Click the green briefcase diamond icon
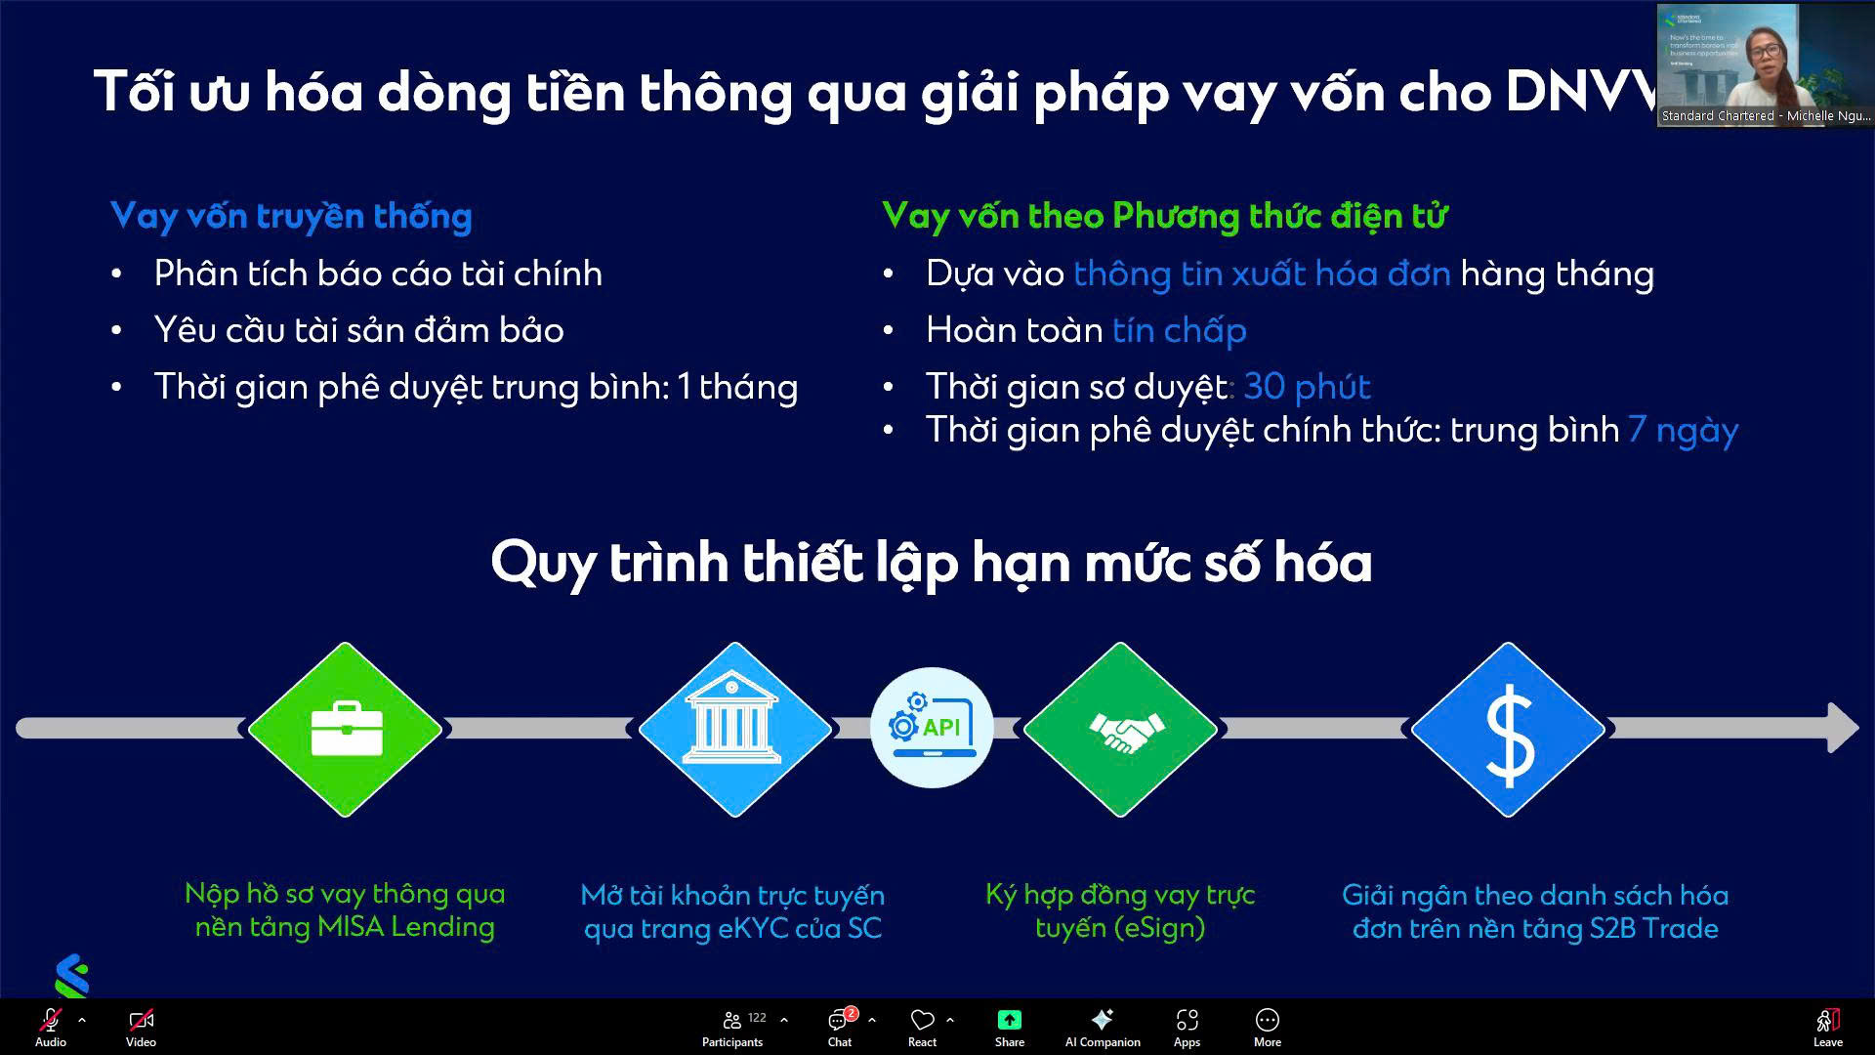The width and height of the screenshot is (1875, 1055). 346,729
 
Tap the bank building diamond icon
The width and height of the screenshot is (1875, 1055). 734,729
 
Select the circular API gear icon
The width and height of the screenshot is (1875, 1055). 932,728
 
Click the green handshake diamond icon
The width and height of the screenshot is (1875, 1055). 1121,729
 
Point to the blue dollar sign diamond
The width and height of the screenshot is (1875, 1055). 1509,729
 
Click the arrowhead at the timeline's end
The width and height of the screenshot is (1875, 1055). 1842,728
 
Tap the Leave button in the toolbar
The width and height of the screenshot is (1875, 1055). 1827,1027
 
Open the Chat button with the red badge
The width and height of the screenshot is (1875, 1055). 839,1027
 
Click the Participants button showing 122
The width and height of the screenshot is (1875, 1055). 733,1027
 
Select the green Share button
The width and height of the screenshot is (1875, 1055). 1009,1027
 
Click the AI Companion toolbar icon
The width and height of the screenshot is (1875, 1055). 1103,1027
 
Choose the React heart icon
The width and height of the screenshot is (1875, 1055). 922,1027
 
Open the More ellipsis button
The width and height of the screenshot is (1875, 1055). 1267,1027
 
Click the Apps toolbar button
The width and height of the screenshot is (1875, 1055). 1187,1027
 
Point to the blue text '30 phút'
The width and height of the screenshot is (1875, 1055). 1307,387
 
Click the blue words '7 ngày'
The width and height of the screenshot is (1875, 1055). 1683,430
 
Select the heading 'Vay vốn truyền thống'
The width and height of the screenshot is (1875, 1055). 291,216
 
